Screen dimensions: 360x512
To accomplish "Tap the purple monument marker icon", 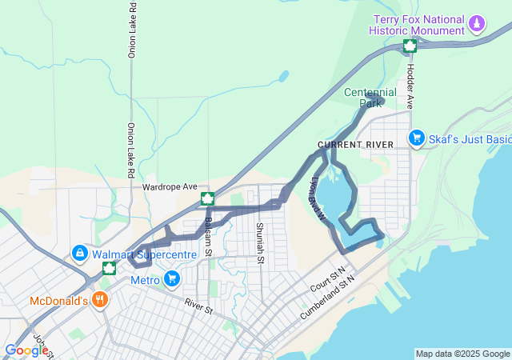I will (x=478, y=22).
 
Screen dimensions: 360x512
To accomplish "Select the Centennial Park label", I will (x=370, y=98).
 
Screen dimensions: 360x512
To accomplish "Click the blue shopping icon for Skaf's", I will (x=416, y=138).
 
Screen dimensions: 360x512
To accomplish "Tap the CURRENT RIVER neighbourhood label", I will (x=356, y=145).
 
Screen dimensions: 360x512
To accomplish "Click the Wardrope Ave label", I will (x=170, y=186).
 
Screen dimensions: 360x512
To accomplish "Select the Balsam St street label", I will (x=208, y=237).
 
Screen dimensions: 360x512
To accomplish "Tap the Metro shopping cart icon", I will (x=171, y=279).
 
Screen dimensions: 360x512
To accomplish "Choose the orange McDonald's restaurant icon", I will (x=99, y=301).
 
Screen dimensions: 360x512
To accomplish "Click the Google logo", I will (x=26, y=350).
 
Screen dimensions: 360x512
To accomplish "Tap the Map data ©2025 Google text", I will (x=462, y=354).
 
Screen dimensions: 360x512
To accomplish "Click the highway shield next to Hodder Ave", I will (x=410, y=46).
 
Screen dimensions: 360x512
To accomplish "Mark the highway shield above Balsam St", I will (x=206, y=198).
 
